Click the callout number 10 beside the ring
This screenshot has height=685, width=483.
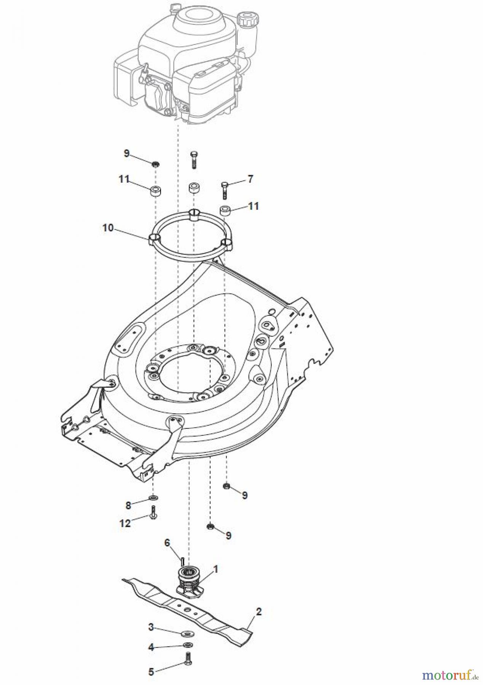click(108, 228)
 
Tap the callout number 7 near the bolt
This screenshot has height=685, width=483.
click(250, 179)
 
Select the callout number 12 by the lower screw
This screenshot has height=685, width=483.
click(124, 523)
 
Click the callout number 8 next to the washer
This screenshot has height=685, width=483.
click(128, 505)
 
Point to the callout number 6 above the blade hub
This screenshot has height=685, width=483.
click(167, 543)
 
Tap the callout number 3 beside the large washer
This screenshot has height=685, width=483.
click(151, 627)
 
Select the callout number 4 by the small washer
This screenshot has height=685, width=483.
click(151, 647)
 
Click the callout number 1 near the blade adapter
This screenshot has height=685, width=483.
click(215, 569)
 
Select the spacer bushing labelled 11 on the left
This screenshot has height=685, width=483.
click(155, 191)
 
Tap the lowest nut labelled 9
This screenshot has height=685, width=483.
click(210, 526)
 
